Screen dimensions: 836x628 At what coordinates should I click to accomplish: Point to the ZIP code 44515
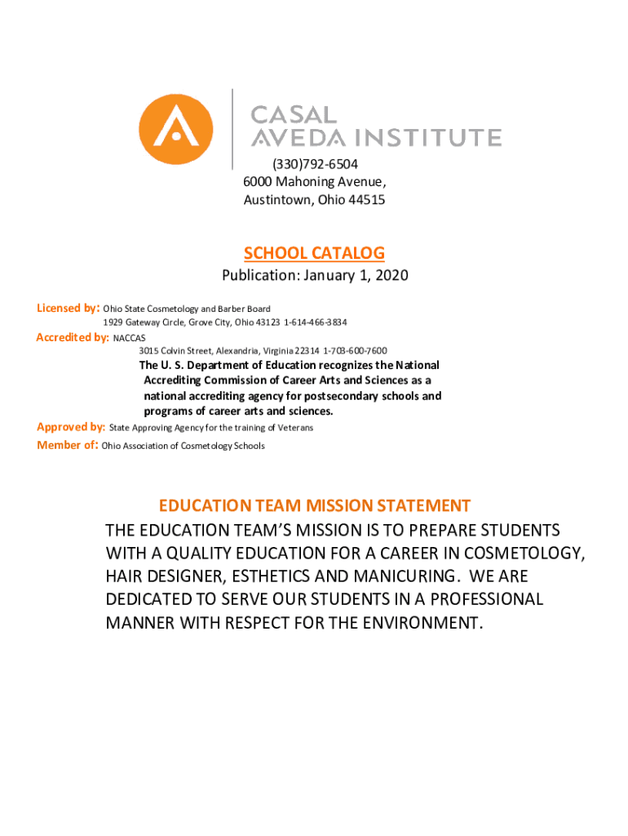pos(367,200)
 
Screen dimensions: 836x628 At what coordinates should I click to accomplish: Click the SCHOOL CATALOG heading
pos(315,253)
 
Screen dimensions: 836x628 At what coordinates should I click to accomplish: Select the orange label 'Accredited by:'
pos(73,337)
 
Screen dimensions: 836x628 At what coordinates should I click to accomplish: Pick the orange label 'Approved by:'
pos(71,427)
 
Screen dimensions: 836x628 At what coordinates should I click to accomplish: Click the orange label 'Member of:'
pos(68,445)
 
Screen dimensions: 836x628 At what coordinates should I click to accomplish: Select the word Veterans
pos(294,428)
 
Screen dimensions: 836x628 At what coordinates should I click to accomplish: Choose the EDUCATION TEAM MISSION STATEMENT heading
pos(315,505)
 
